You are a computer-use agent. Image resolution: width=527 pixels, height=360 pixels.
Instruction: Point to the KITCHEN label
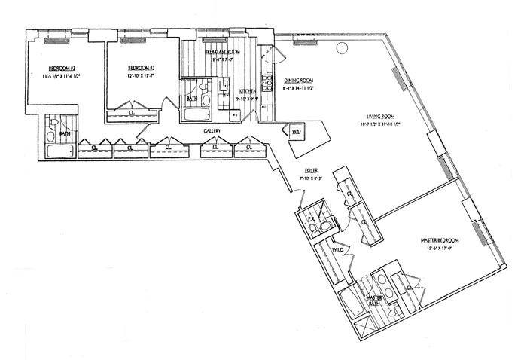pyautogui.click(x=248, y=90)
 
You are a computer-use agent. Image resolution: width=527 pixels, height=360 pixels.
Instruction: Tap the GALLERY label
pyautogui.click(x=212, y=131)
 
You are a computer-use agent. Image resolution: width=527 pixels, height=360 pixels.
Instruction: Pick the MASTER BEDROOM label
pyautogui.click(x=439, y=240)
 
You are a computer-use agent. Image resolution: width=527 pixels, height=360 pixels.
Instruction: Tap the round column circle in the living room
pyautogui.click(x=341, y=48)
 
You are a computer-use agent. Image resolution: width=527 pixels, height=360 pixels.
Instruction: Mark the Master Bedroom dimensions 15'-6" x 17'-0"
pyautogui.click(x=439, y=249)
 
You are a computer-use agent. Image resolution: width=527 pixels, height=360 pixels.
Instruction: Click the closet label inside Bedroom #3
pyautogui.click(x=133, y=114)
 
